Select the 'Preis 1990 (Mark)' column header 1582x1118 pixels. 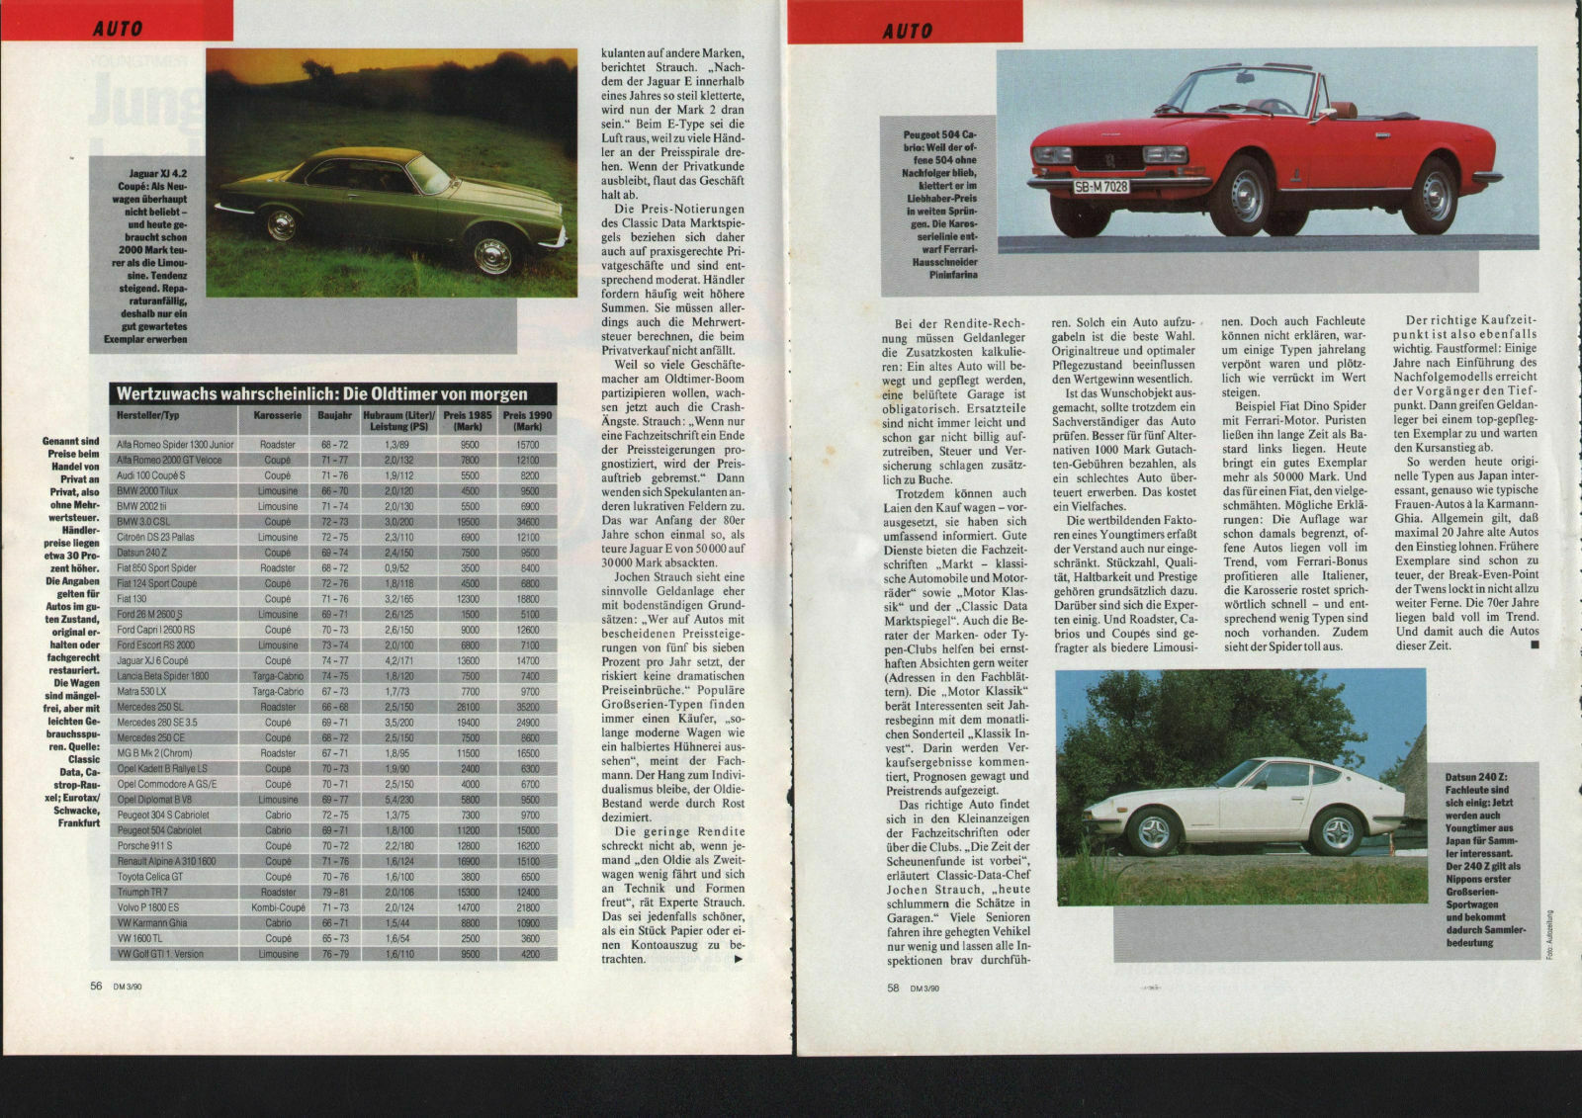527,420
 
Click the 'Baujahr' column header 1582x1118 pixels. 334,415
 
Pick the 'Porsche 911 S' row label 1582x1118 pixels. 144,846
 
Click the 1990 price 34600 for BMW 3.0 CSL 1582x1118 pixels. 527,522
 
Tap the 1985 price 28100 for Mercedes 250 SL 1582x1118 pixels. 469,707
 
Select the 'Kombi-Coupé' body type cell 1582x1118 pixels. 278,907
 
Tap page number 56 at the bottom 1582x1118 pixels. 96,986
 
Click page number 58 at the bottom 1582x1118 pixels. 893,987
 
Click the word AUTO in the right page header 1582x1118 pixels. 908,31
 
